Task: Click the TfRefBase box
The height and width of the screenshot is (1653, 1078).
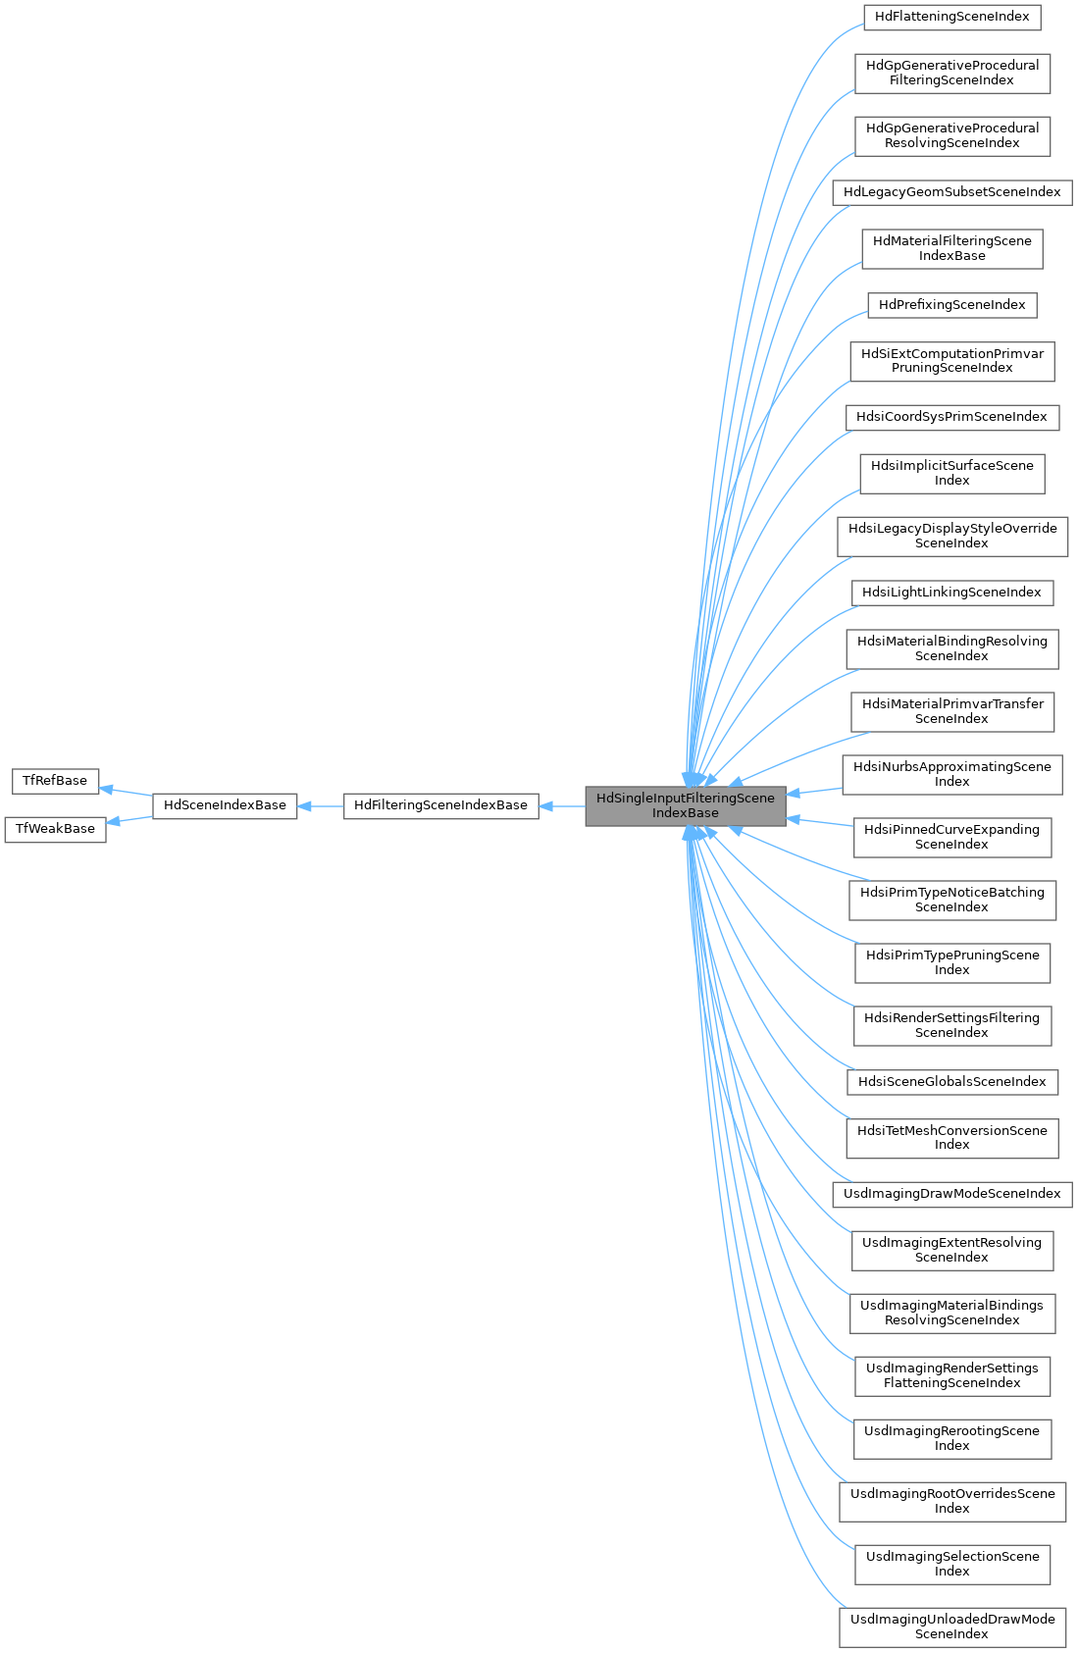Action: point(55,781)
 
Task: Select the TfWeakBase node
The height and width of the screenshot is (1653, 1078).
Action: point(55,829)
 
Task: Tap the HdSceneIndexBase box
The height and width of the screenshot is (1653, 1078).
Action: point(225,805)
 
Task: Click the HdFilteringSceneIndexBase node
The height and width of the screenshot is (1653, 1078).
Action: point(440,805)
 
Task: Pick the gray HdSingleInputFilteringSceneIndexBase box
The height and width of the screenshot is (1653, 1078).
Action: point(686,805)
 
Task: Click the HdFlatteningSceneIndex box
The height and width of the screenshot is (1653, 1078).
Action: point(951,17)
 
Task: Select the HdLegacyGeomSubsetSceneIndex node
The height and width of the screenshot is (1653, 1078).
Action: point(951,192)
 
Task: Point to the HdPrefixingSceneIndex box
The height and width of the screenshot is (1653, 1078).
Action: point(951,305)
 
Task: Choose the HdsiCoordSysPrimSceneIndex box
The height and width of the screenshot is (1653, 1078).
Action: point(951,418)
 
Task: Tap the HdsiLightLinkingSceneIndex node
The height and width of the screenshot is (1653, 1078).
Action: point(951,593)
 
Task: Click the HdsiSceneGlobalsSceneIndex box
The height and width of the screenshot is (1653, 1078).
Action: point(951,1082)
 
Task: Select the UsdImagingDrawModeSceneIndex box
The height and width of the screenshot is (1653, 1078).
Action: point(951,1194)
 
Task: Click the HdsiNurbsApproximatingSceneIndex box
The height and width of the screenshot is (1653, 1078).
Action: point(951,775)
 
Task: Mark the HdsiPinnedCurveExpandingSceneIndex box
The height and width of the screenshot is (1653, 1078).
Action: point(951,838)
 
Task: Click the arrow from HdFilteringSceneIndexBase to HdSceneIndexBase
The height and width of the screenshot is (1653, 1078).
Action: point(320,805)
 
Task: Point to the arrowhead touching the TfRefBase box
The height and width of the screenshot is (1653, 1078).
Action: point(105,789)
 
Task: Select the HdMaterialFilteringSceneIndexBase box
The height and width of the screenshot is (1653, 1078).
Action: point(951,249)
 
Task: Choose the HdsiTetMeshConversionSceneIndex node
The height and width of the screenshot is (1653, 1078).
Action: point(951,1138)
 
